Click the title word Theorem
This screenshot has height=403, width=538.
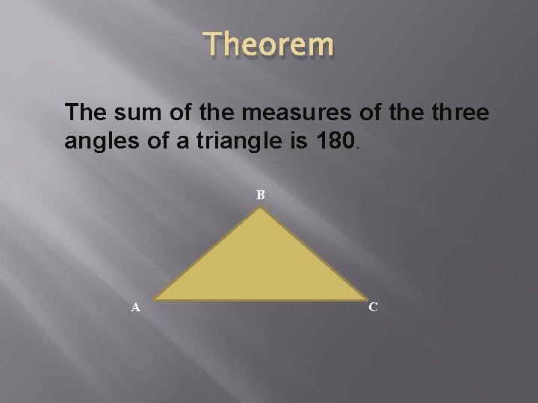[x=268, y=46]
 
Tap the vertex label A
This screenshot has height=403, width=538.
[x=135, y=307]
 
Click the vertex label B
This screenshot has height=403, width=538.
[x=261, y=196]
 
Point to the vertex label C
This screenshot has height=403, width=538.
[x=373, y=307]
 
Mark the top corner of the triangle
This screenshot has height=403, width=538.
[x=259, y=209]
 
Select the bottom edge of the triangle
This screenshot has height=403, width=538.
[x=259, y=300]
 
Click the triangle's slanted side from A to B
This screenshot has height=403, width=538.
[x=208, y=254]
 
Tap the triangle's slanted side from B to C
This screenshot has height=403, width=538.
[x=312, y=254]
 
